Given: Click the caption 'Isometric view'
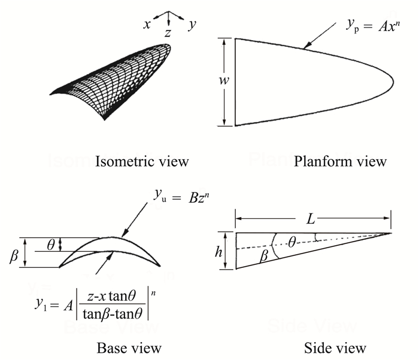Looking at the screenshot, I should point(142,161).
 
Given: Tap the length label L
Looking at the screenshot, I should point(312,219).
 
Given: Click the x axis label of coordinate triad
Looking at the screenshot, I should point(146,24).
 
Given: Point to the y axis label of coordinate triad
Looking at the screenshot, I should point(192,24).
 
